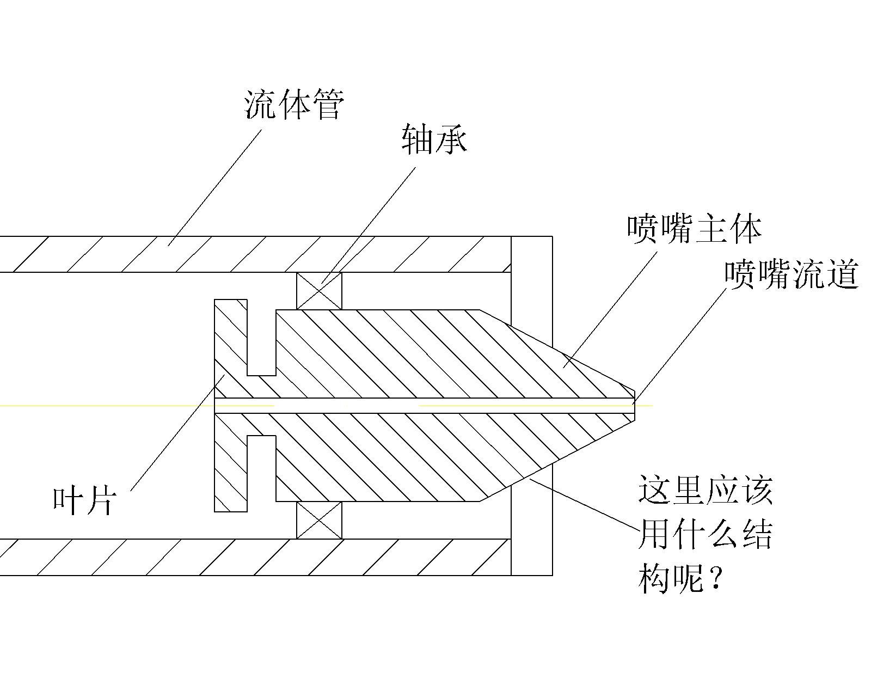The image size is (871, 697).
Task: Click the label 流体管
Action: point(293,105)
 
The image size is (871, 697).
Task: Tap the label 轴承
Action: point(434,139)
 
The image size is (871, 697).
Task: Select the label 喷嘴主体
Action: point(694,229)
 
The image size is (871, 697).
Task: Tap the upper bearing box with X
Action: point(319,291)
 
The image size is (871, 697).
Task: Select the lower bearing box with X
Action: point(319,520)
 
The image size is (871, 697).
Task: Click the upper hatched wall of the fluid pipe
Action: point(245,254)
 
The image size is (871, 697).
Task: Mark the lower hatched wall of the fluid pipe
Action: point(245,557)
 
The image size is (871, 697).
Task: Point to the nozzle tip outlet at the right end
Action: point(635,405)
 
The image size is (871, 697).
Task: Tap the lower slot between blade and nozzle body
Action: point(262,468)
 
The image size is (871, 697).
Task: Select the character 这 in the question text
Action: point(654,490)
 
